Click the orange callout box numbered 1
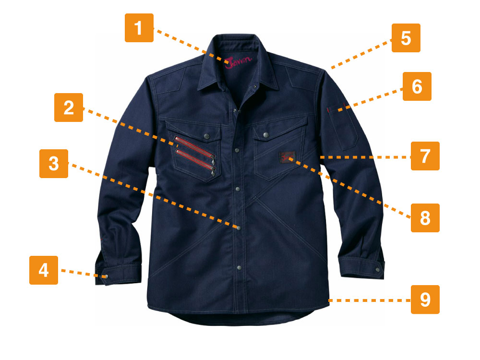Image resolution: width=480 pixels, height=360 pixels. coord(139,28)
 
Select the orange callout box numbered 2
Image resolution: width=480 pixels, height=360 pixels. coord(69,108)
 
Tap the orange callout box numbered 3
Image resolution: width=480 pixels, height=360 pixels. coord(54,164)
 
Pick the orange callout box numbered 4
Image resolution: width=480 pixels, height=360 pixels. coord(44,270)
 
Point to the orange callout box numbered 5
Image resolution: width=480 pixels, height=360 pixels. coord(406,38)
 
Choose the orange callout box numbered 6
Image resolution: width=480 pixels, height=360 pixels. coord(417,86)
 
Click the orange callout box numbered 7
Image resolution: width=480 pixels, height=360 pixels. coord(425,156)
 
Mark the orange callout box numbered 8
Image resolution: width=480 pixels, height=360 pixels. coord(425,217)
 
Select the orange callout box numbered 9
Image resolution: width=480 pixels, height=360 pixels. coord(425,300)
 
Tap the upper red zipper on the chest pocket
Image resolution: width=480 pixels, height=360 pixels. coord(195,146)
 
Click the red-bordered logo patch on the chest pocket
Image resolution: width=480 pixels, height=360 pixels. coord(287,157)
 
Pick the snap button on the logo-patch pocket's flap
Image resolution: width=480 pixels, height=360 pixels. coord(266,134)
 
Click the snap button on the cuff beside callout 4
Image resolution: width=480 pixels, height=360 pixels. coord(106,277)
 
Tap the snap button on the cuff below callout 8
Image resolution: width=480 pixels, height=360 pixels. coord(377,270)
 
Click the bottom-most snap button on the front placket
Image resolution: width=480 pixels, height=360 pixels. coord(239,267)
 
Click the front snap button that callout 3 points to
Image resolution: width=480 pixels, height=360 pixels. coord(239,228)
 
